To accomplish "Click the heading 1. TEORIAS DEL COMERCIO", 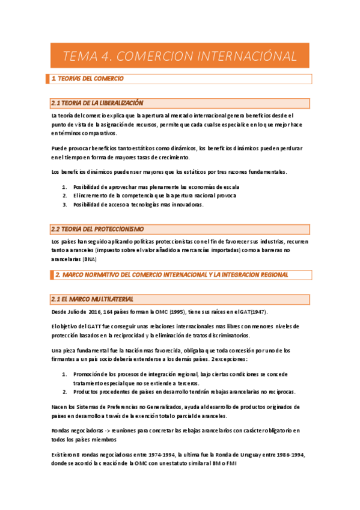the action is (88, 79).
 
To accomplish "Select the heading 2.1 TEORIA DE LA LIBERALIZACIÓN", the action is (97, 103).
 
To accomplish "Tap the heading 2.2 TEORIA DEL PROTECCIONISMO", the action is (97, 229).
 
